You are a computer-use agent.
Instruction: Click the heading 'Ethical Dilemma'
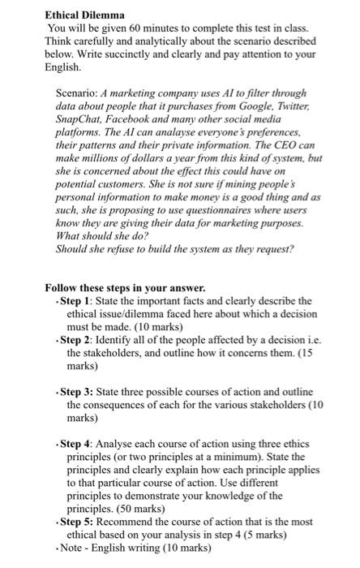pyautogui.click(x=84, y=15)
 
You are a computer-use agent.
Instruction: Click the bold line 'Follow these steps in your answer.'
pyautogui.click(x=125, y=287)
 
